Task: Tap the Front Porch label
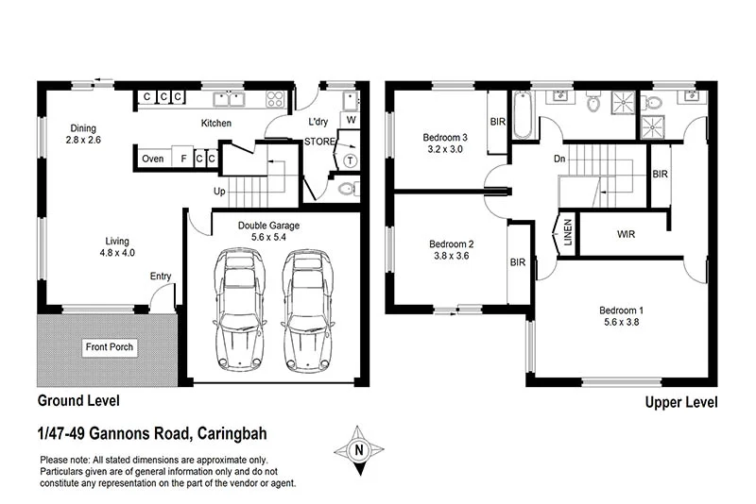(x=110, y=347)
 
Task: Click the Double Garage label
(x=244, y=227)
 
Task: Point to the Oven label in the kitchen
(x=152, y=159)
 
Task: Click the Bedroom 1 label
(x=622, y=311)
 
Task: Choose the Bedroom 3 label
(x=443, y=137)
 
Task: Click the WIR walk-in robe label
(x=625, y=232)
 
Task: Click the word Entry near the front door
(x=161, y=276)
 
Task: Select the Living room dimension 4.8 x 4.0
(x=118, y=253)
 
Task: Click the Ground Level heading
(x=78, y=401)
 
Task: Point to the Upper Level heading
(x=680, y=403)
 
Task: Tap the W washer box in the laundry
(x=351, y=120)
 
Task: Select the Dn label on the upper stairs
(x=559, y=159)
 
